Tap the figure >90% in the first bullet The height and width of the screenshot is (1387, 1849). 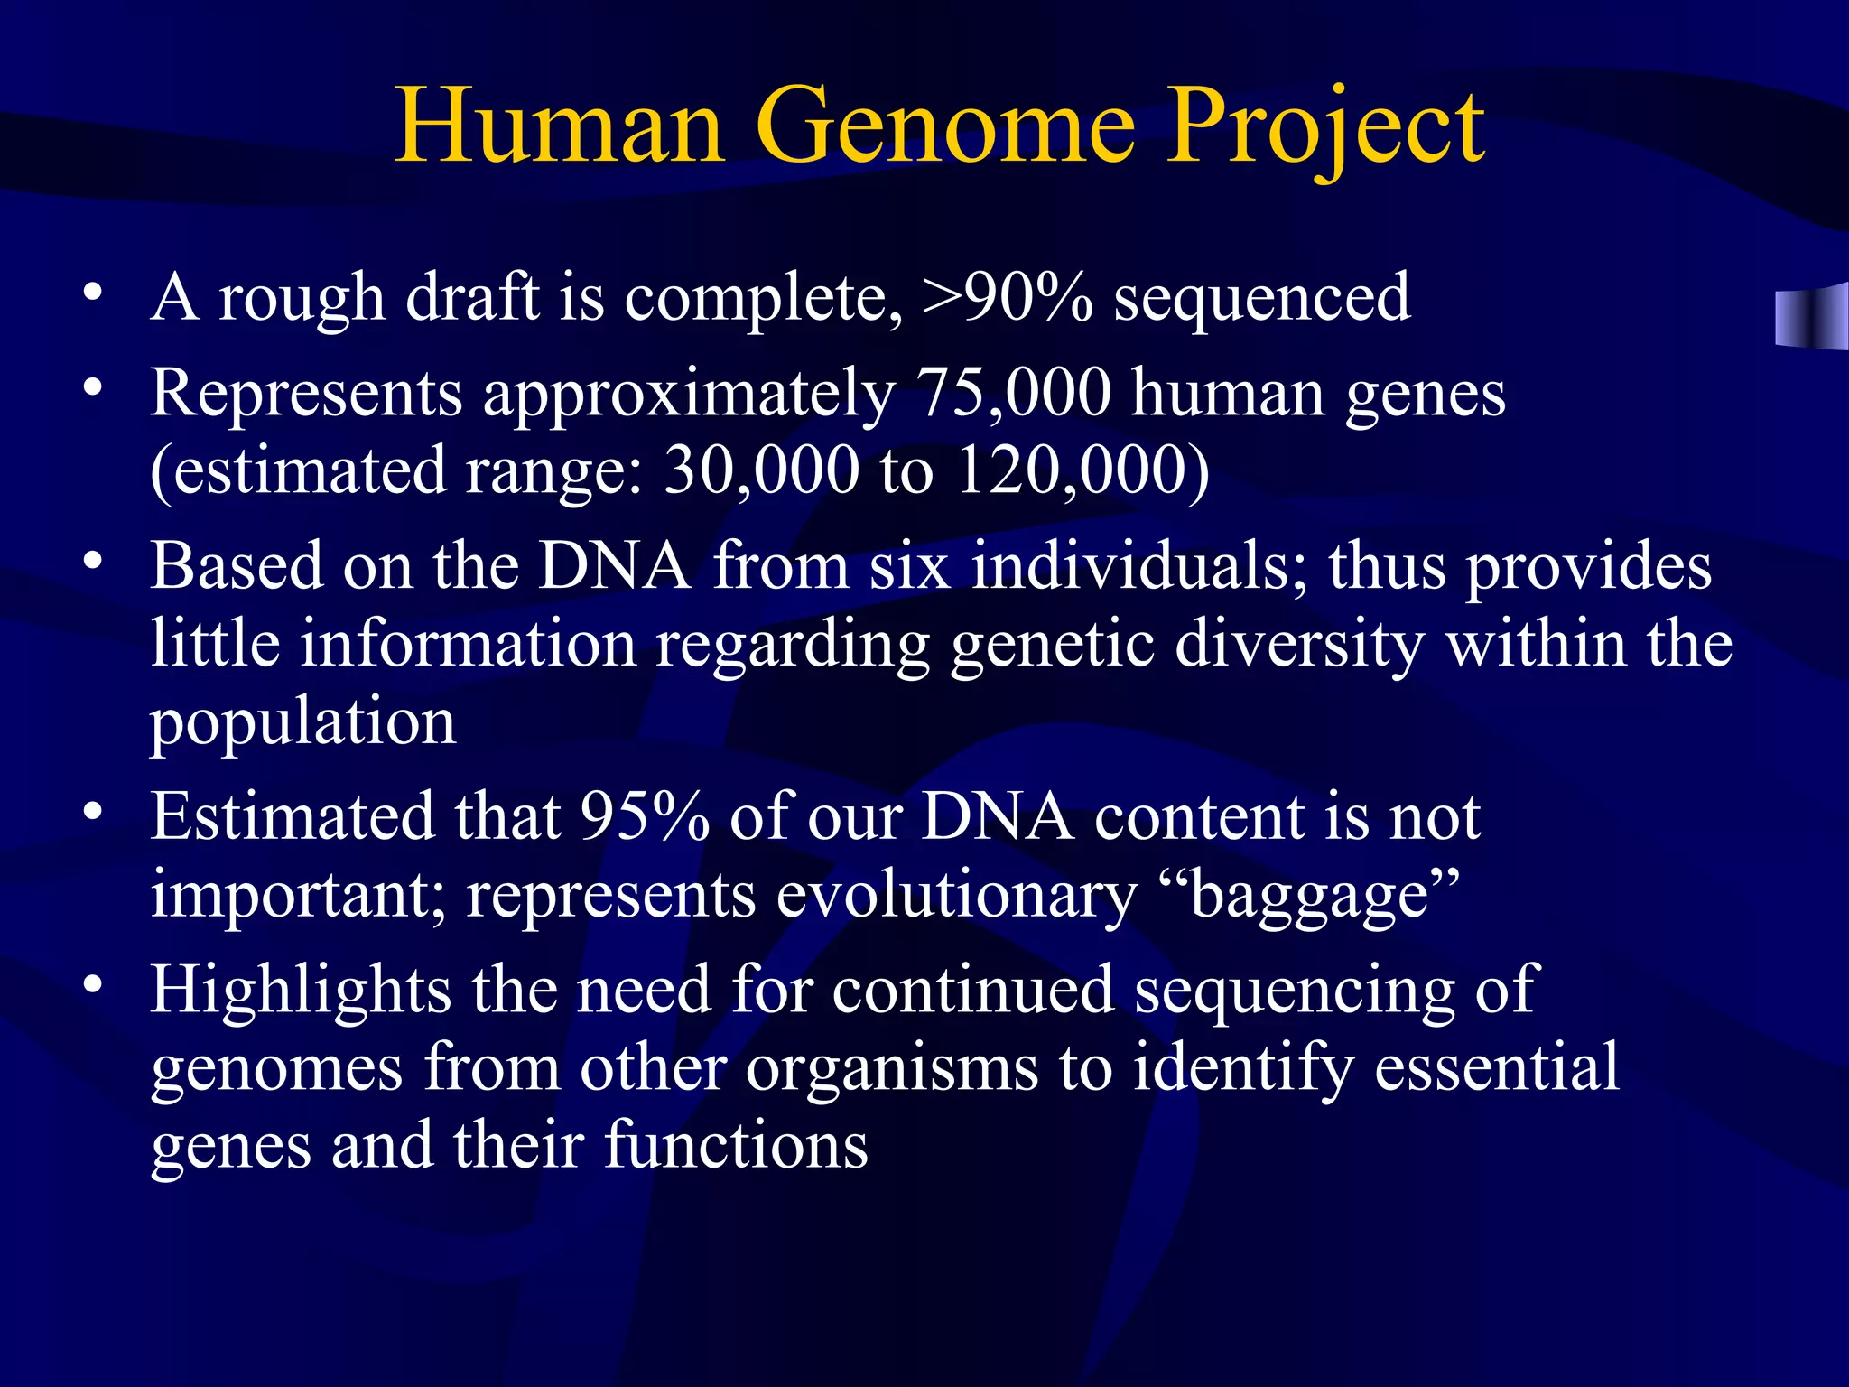click(x=1007, y=298)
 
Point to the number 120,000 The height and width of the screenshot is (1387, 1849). click(x=1082, y=471)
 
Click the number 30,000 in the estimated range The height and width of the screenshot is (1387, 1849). click(x=761, y=471)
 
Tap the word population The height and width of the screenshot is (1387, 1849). click(x=302, y=722)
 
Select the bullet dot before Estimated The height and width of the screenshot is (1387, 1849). click(x=92, y=811)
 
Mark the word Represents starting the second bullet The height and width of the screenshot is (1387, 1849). click(x=306, y=394)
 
